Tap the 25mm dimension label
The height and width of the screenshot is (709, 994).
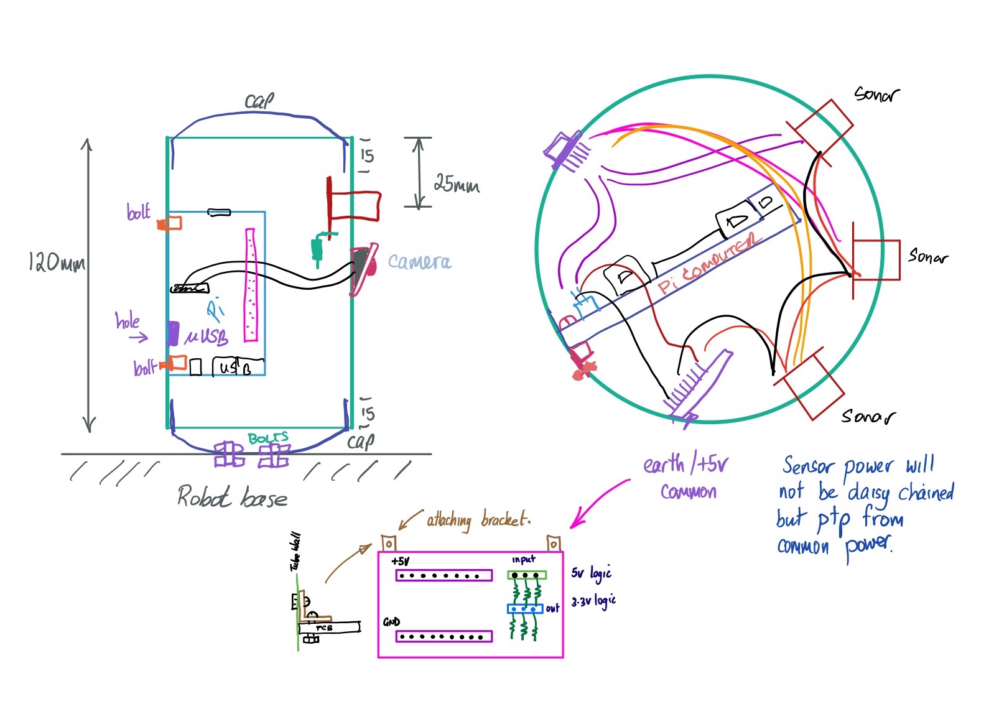click(x=457, y=183)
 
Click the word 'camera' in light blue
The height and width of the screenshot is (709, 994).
click(x=419, y=262)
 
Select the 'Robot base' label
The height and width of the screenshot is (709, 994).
click(x=233, y=498)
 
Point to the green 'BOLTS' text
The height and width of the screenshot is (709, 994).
click(x=268, y=438)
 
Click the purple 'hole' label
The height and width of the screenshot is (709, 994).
click(x=128, y=321)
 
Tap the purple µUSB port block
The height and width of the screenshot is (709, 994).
click(x=173, y=333)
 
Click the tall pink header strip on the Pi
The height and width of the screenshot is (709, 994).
click(x=251, y=285)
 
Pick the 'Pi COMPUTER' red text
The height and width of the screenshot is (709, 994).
click(x=709, y=264)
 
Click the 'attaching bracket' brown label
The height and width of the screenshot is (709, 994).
click(x=478, y=519)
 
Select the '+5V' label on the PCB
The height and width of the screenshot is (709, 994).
click(x=401, y=562)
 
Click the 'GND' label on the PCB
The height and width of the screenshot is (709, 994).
click(x=391, y=622)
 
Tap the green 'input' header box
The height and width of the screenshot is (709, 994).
click(x=527, y=575)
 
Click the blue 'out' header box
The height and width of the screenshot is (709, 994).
click(x=525, y=609)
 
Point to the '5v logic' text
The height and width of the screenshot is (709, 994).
click(x=591, y=573)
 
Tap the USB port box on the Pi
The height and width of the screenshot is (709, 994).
click(x=238, y=367)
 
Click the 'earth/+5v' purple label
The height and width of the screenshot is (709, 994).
click(x=685, y=465)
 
